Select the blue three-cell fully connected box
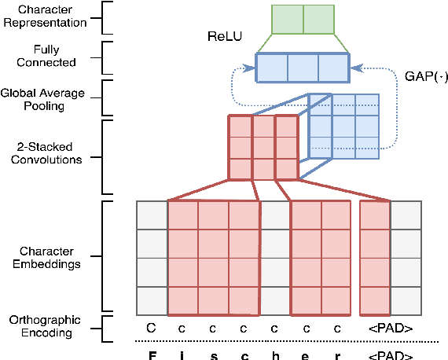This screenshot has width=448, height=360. [302, 67]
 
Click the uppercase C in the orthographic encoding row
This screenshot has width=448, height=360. [151, 326]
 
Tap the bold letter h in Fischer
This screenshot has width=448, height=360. [275, 354]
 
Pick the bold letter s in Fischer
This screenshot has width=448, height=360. [213, 354]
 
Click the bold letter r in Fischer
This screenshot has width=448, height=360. [337, 354]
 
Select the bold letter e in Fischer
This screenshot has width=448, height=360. [307, 354]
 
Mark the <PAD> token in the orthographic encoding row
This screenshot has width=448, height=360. [390, 326]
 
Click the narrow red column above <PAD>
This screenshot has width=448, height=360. [375, 257]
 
